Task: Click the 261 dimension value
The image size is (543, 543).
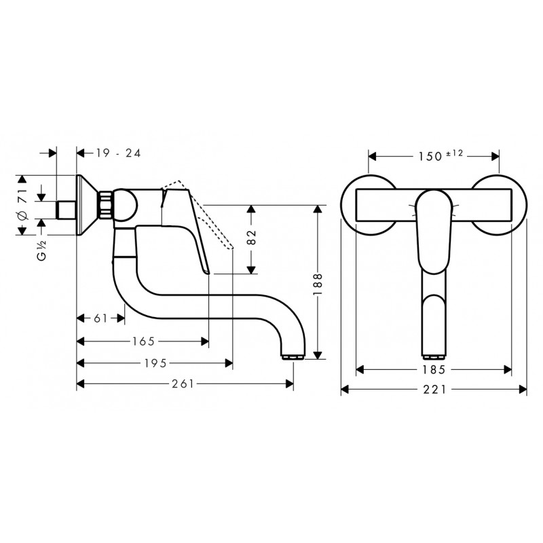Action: point(183,383)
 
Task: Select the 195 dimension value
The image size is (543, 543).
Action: point(155,363)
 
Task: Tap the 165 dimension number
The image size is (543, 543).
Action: point(143,342)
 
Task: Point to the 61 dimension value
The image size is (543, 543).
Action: point(100,318)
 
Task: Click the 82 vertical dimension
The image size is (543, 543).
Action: point(252,237)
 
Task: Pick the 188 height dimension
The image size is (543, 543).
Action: point(318,284)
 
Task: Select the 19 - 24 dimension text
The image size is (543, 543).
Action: point(118,153)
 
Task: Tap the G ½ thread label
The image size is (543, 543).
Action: point(41,250)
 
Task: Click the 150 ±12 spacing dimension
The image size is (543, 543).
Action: point(440,156)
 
